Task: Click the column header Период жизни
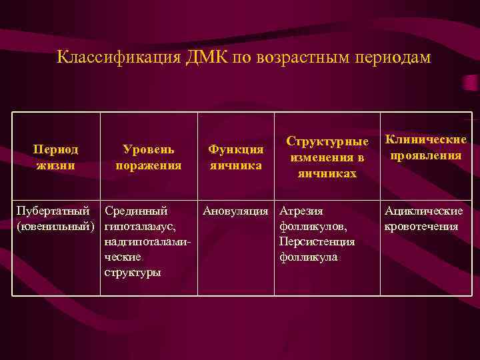point(55,157)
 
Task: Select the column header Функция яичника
point(235,157)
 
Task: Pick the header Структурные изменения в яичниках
point(327,157)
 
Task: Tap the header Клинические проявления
point(426,147)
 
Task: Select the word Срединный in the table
point(136,211)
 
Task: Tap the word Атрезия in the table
point(301,211)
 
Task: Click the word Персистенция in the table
point(317,241)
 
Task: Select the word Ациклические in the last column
point(423,211)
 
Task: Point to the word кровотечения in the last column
point(421,227)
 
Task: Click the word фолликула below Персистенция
point(309,257)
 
